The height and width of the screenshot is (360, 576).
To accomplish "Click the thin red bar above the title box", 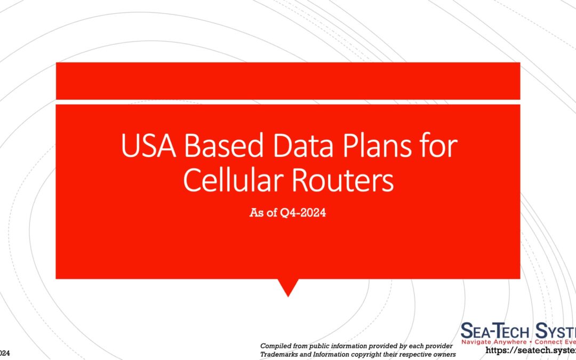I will coord(288,81).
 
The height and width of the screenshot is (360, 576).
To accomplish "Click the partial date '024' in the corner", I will coord(4,354).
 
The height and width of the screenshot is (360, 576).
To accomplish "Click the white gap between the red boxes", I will coord(288,102).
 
